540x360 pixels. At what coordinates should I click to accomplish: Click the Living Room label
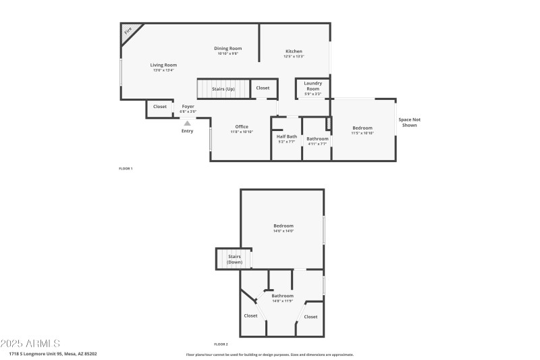click(x=163, y=65)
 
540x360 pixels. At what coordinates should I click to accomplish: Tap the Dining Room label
click(x=228, y=48)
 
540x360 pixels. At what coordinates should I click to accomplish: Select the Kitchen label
click(x=294, y=51)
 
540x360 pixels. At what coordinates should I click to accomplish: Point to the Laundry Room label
click(x=313, y=86)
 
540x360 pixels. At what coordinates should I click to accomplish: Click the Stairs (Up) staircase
click(x=223, y=88)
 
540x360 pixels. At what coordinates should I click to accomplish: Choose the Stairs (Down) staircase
click(x=234, y=259)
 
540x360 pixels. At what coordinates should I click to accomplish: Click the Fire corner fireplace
click(x=130, y=31)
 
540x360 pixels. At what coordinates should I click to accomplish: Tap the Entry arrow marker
click(x=187, y=124)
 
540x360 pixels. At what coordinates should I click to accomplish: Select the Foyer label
click(x=188, y=107)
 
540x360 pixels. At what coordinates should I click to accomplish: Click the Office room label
click(x=242, y=127)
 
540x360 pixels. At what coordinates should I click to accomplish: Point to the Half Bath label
click(x=287, y=136)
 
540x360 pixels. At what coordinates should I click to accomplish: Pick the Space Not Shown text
click(x=410, y=122)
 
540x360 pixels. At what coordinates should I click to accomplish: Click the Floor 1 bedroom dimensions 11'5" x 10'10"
click(x=362, y=133)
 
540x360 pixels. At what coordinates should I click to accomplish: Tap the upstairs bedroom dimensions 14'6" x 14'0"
click(x=283, y=231)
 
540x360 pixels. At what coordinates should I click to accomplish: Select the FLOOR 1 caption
click(x=126, y=168)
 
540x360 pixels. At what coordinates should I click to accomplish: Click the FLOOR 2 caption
click(x=222, y=344)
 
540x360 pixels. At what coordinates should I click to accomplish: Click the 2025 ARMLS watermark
click(x=30, y=343)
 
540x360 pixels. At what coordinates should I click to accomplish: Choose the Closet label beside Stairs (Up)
click(x=263, y=88)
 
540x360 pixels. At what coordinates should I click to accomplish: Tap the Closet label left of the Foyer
click(x=160, y=107)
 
